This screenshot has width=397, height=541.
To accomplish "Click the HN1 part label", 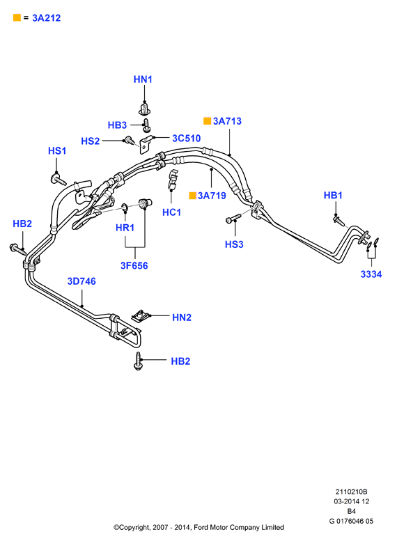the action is pos(143,79).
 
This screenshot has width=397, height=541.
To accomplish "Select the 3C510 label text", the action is pos(187,139).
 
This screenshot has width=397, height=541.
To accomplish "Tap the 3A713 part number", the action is pos(227,121).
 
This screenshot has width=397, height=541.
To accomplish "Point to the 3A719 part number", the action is pos(212,196).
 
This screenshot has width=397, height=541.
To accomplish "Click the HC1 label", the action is pos(171,212).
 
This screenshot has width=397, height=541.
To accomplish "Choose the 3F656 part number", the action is pos(134,266).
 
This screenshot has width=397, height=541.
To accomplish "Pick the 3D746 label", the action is pos(81,281).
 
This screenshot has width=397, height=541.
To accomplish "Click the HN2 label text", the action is pos(182,317).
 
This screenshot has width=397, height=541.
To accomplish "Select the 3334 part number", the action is pos(371,274).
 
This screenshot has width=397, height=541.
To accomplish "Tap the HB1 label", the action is pos(333,195).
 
